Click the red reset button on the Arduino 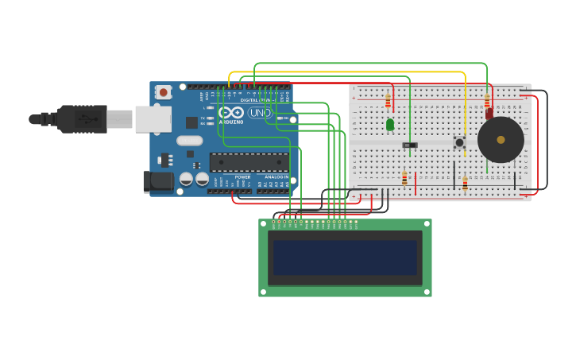pyautogui.click(x=164, y=92)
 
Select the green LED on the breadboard pyautogui.click(x=390, y=124)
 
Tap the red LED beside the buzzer pyautogui.click(x=489, y=114)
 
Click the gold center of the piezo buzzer pyautogui.click(x=501, y=140)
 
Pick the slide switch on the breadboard pyautogui.click(x=410, y=145)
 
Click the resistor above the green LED pyautogui.click(x=388, y=102)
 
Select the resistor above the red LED pyautogui.click(x=487, y=101)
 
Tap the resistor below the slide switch pyautogui.click(x=404, y=179)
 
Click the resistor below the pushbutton pyautogui.click(x=465, y=183)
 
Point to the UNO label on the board pyautogui.click(x=260, y=113)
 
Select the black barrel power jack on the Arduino pyautogui.click(x=159, y=181)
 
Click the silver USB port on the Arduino pyautogui.click(x=153, y=119)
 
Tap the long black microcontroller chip pyautogui.click(x=249, y=162)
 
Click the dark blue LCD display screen pyautogui.click(x=345, y=257)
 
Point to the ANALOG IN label pyautogui.click(x=276, y=176)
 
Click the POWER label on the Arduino pyautogui.click(x=242, y=176)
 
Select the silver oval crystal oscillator pyautogui.click(x=190, y=141)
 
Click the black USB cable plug pyautogui.click(x=83, y=119)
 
